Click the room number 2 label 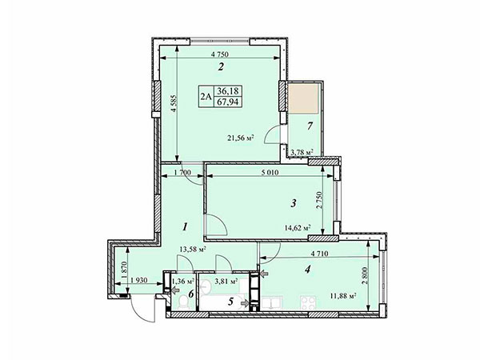point(221,66)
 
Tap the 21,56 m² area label point(242,138)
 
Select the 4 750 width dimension point(220,54)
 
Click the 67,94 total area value point(227,102)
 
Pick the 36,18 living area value point(227,90)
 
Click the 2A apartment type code point(206,97)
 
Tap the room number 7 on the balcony point(310,126)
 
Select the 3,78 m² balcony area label point(302,152)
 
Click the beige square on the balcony point(303,98)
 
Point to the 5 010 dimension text point(270,173)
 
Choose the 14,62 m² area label point(298,228)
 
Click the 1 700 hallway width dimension point(182,173)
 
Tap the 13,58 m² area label point(192,250)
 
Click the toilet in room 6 point(184,302)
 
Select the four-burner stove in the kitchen point(308,303)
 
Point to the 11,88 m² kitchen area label point(343,296)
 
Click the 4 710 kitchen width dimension point(319,254)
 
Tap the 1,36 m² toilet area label point(183,281)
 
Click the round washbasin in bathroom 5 point(205,287)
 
